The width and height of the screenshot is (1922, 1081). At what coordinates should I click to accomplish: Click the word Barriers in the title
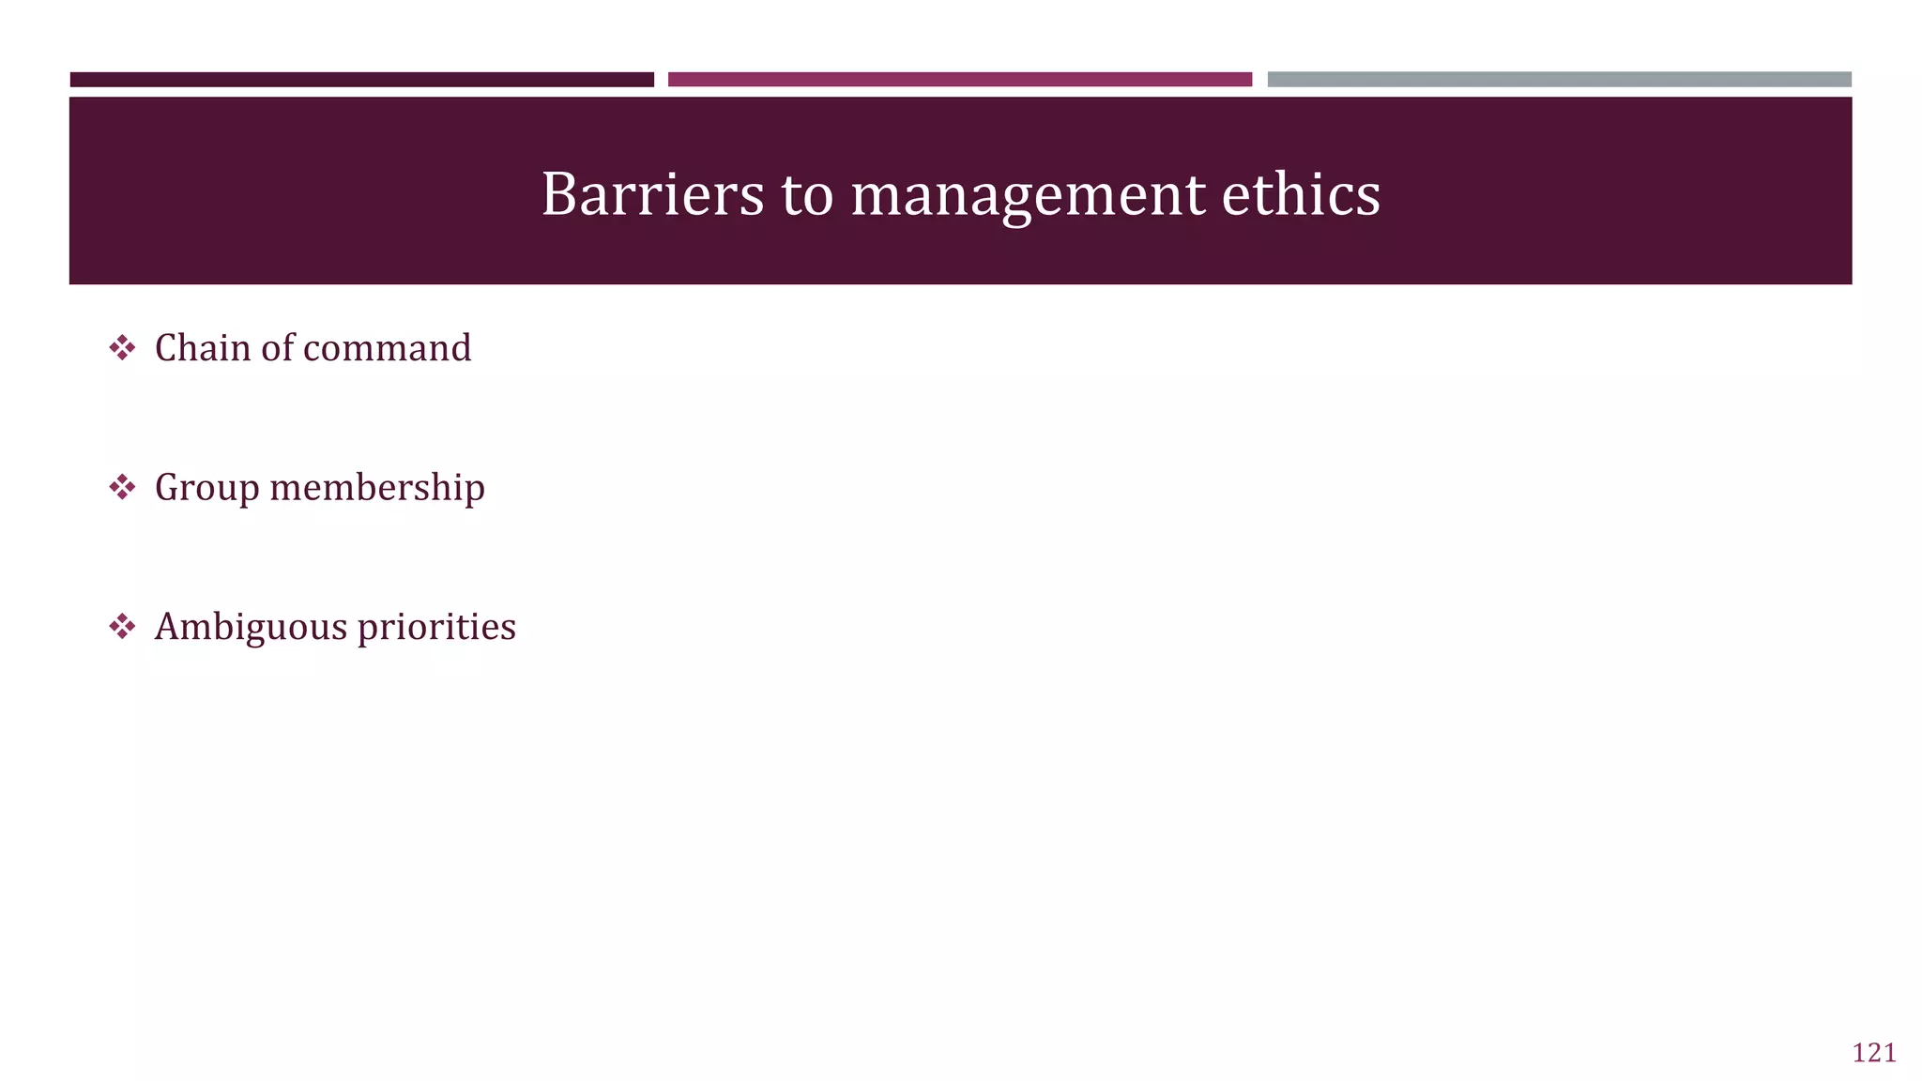point(652,195)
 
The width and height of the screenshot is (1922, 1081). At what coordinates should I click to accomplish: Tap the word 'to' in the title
point(807,195)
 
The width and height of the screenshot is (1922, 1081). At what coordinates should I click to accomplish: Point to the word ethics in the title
point(1301,195)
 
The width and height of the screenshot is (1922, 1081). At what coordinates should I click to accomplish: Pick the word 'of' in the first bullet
point(277,348)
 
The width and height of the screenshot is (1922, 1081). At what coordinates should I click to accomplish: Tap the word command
point(388,348)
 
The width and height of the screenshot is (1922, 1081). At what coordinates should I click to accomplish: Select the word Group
point(206,488)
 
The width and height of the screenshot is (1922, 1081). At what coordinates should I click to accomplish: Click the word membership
point(377,488)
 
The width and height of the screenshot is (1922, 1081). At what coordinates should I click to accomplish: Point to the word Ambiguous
point(251,627)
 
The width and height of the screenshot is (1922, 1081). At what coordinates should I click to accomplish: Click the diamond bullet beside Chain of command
point(122,348)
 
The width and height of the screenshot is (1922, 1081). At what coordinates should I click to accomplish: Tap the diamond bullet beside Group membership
point(122,487)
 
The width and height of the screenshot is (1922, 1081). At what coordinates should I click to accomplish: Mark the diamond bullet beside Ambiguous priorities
point(122,626)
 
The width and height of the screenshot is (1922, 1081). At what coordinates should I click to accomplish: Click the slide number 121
point(1873,1053)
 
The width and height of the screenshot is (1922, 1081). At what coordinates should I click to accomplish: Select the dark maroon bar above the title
point(361,80)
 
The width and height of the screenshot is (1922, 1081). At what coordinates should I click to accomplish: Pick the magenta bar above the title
point(959,80)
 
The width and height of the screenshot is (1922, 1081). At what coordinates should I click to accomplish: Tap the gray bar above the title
point(1559,80)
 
